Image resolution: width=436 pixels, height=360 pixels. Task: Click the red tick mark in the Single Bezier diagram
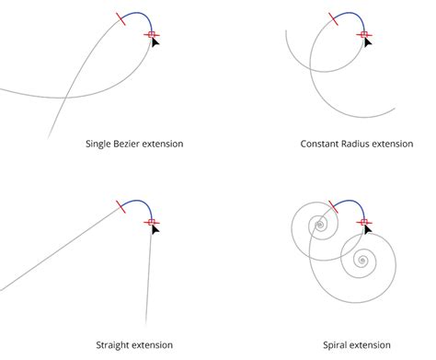120,17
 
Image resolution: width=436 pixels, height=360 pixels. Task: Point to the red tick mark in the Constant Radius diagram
333,17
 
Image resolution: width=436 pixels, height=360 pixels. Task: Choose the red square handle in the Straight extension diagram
152,222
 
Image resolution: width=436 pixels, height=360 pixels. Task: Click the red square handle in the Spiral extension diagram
364,222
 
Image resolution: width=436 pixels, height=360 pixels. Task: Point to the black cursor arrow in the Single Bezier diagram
155,42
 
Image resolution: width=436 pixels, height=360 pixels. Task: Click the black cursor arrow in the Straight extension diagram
155,230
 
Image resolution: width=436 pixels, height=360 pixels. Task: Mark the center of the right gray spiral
364,261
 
